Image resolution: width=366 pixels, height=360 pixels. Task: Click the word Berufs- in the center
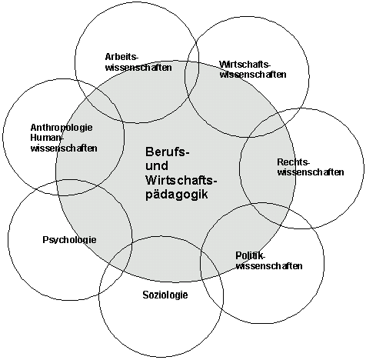coord(168,152)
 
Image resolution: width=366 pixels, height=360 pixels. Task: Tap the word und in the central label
coord(157,165)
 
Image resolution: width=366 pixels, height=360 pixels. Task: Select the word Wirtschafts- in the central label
coord(181,180)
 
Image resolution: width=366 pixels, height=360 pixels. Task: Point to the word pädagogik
coord(177,195)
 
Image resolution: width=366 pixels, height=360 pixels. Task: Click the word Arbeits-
coord(121,57)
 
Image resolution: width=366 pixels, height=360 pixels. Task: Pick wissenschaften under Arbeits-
coord(138,67)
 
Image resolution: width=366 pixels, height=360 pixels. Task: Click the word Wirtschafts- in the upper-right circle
coord(245,64)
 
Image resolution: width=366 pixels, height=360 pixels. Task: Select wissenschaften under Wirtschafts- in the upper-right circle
coord(253,75)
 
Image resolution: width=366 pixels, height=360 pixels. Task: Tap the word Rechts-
coord(294,162)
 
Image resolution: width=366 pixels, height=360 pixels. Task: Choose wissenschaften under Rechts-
coord(311,172)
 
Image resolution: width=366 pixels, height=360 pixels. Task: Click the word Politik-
coord(250,255)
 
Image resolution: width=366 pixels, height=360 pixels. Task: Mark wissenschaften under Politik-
coord(269,265)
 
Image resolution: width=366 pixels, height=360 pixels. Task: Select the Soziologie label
coord(165,295)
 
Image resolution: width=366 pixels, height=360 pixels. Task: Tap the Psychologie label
coord(69,240)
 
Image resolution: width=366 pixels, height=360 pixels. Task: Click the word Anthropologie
coord(62,128)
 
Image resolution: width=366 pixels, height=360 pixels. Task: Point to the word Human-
coord(46,138)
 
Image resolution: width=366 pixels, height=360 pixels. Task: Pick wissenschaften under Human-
coord(64,148)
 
